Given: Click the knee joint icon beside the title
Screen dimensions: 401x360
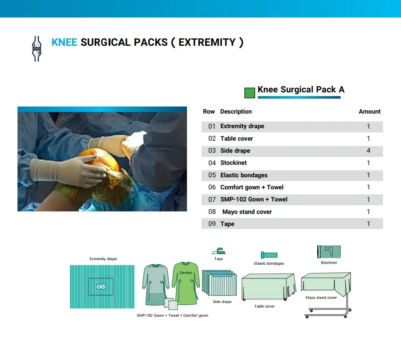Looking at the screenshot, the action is coord(37,49).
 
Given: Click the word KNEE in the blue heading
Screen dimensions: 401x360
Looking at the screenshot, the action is coord(64,42).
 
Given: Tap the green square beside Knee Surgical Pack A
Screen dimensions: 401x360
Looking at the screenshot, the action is coord(249,93).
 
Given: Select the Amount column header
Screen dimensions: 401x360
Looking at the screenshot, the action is coord(369,112).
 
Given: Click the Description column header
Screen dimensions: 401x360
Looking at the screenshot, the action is coord(236,112).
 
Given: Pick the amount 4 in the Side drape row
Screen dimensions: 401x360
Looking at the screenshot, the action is coord(369,151).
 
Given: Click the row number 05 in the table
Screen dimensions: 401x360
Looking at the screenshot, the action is coord(212,175).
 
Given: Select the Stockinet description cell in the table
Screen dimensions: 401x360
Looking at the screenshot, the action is coord(234,163).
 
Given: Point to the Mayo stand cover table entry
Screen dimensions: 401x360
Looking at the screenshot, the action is coord(247,212).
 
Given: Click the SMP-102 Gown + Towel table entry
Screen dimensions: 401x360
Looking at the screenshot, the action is coord(254,199).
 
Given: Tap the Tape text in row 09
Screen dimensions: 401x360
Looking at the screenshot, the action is coord(227,224).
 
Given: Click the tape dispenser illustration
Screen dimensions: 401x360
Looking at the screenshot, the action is coord(219,251).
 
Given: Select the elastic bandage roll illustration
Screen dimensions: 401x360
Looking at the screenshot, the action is coord(269,255).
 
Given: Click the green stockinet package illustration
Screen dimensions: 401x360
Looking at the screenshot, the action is coord(329,252).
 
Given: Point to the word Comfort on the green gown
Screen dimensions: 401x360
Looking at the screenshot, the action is coord(186,273).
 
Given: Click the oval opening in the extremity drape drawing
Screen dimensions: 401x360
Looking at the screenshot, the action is coord(101,287).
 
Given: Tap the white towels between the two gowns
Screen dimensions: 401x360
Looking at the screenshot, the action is coord(171,304).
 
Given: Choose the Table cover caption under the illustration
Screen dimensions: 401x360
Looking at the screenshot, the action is coord(264,306).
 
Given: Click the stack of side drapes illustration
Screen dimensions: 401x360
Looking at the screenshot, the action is coord(219,283).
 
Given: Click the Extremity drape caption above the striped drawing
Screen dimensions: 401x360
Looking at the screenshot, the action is coord(103,259).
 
